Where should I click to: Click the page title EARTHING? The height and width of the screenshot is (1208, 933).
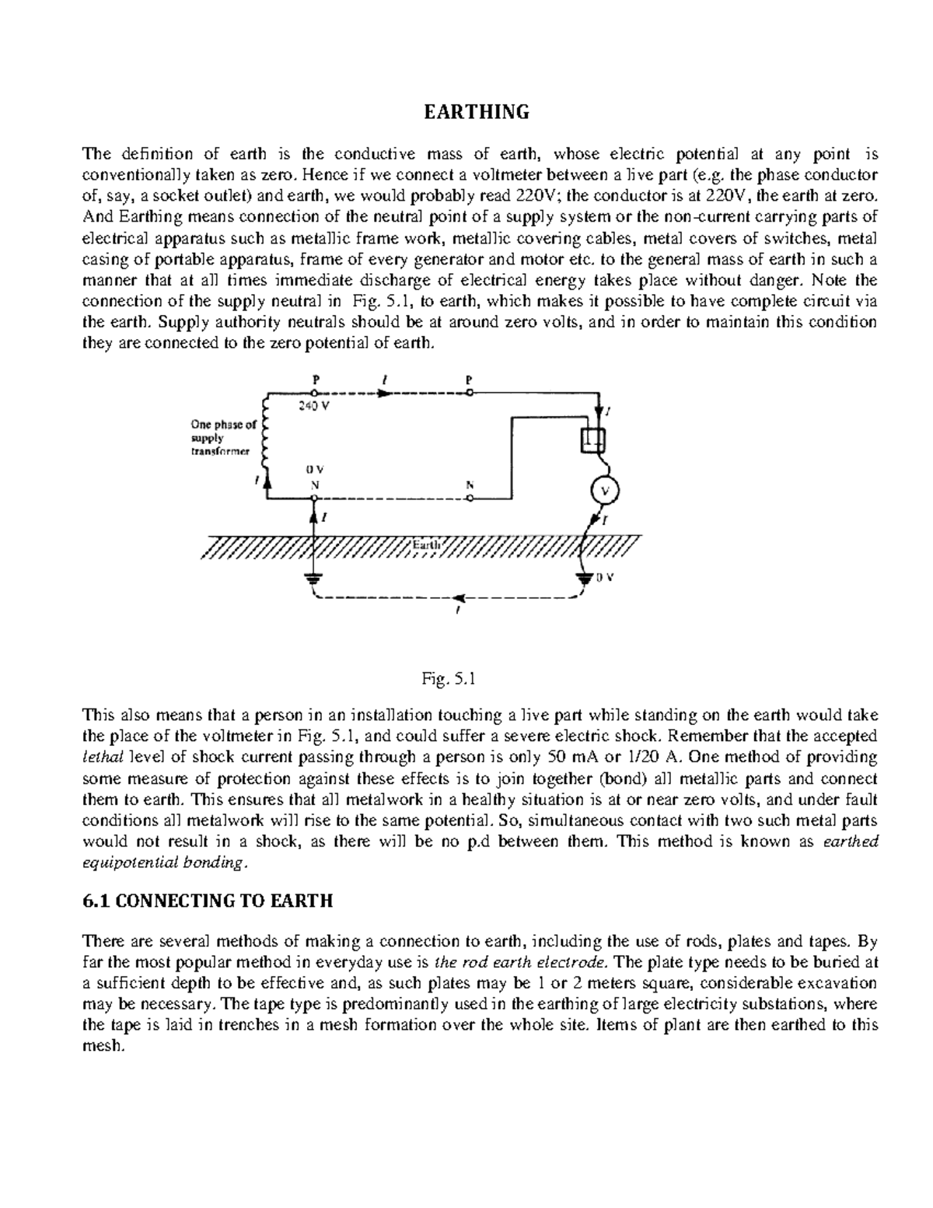[x=476, y=112]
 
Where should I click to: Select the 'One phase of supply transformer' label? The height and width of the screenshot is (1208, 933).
[x=222, y=438]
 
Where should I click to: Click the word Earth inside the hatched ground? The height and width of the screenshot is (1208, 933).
[x=426, y=545]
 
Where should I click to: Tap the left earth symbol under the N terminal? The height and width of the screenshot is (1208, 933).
[x=314, y=579]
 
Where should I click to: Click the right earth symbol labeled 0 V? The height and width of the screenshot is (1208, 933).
[x=583, y=579]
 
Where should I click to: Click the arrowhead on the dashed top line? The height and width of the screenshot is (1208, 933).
[x=384, y=393]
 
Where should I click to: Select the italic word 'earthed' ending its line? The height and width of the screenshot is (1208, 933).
[x=850, y=842]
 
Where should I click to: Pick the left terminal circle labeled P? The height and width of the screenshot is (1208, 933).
[x=315, y=393]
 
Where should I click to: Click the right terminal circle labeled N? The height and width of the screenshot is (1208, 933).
[x=469, y=499]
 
